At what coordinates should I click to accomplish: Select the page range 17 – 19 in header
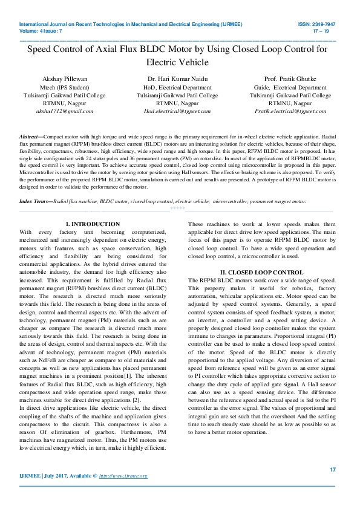point(321,31)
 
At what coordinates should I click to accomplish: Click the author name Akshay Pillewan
point(65,79)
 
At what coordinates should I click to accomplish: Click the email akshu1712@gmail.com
point(65,111)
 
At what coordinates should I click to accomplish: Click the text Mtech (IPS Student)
point(65,88)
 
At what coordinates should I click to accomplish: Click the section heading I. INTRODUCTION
point(93,224)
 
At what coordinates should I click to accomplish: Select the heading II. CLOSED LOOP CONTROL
point(261,273)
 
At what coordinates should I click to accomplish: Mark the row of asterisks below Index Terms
point(177,207)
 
